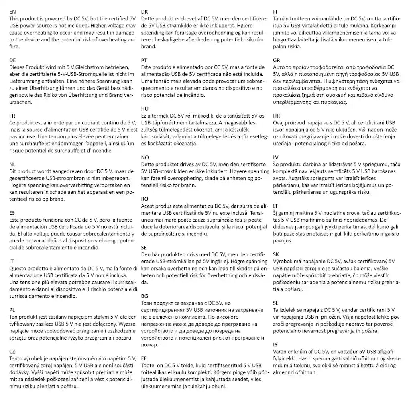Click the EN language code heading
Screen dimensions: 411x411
13,12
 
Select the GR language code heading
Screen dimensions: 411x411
277,60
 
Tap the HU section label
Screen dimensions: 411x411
145,109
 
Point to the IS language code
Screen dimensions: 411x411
275,344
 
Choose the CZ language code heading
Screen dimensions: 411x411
12,352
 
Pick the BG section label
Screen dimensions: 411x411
145,296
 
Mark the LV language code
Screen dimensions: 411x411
276,157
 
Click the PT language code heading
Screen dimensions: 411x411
144,60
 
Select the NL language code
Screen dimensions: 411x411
13,164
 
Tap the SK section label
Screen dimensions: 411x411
276,254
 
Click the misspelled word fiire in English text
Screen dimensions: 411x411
14,47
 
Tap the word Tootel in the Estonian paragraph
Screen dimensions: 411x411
149,366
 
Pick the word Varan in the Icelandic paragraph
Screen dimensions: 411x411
280,352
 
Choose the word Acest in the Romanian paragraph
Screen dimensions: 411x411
149,205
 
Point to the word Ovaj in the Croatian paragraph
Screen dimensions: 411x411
279,122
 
